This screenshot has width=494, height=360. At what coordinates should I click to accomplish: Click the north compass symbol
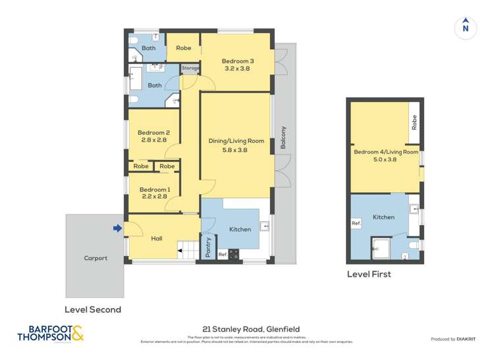click(x=466, y=28)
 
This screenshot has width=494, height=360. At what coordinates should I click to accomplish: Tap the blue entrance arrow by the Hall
click(x=117, y=228)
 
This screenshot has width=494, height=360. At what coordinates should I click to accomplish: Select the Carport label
click(x=95, y=258)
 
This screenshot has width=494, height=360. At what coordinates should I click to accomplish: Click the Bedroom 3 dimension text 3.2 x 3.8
click(x=238, y=68)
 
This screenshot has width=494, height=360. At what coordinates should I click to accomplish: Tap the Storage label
click(x=190, y=68)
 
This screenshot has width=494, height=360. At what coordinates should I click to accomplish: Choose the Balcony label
click(x=283, y=138)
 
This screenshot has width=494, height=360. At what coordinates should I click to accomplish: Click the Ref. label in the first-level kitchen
click(x=356, y=224)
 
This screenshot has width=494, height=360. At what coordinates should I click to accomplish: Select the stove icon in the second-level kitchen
click(x=233, y=253)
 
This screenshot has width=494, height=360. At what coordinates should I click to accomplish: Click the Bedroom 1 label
click(x=154, y=190)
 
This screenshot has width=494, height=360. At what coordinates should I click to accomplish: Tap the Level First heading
click(x=368, y=274)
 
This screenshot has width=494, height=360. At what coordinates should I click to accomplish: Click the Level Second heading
click(x=92, y=309)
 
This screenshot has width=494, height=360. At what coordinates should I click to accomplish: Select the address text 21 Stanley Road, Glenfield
click(x=246, y=334)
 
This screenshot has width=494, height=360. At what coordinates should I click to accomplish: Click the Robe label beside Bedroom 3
click(x=183, y=48)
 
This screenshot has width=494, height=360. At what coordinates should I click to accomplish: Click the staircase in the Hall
click(x=187, y=250)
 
